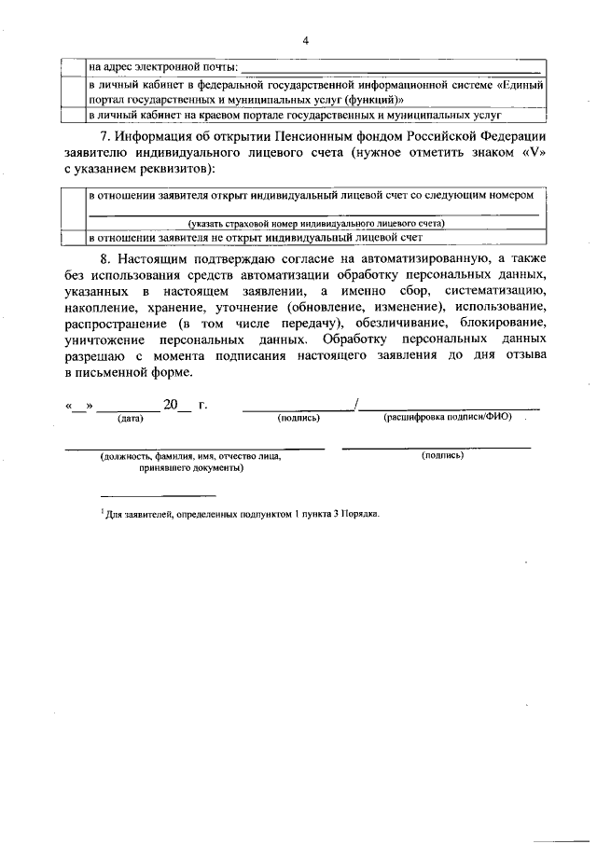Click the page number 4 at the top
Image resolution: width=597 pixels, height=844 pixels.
tap(305, 41)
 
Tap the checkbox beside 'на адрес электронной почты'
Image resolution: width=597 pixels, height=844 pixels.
tap(73, 67)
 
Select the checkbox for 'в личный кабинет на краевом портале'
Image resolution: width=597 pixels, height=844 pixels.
tap(73, 116)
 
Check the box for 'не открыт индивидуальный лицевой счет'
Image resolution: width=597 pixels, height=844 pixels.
tap(73, 238)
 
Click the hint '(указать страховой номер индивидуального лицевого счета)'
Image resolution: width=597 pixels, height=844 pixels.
tap(314, 224)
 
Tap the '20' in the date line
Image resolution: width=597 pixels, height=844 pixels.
tap(171, 406)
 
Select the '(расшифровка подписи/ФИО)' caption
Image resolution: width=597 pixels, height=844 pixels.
tap(448, 418)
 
